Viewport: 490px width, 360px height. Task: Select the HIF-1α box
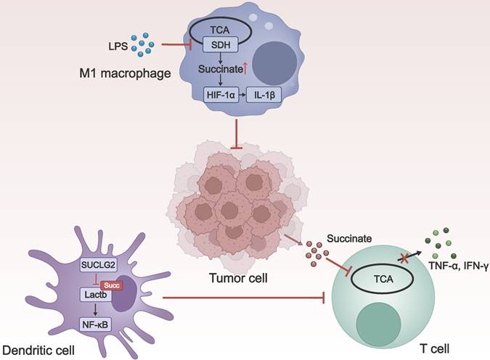click(x=216, y=94)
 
